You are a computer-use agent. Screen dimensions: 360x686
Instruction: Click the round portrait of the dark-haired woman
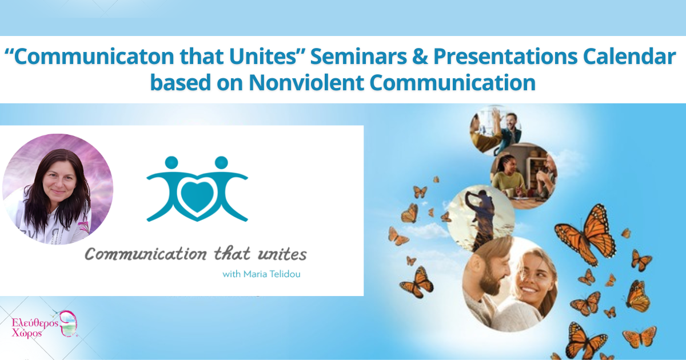(x=58, y=189)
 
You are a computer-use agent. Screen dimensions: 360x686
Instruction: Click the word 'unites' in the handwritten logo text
(x=284, y=254)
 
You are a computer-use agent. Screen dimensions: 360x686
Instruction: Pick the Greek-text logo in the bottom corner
(x=43, y=325)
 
